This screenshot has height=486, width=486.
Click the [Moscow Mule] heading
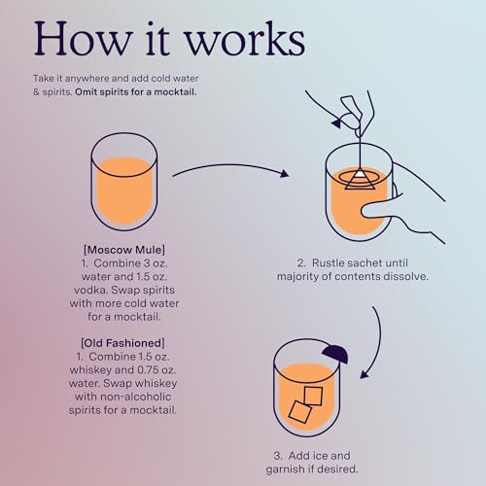pyautogui.click(x=123, y=249)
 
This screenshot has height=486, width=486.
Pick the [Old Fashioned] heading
pyautogui.click(x=123, y=341)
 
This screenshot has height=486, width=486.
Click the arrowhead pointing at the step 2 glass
pyautogui.click(x=284, y=175)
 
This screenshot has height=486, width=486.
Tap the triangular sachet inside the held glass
pyautogui.click(x=359, y=177)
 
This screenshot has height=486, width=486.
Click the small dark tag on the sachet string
pyautogui.click(x=338, y=123)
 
